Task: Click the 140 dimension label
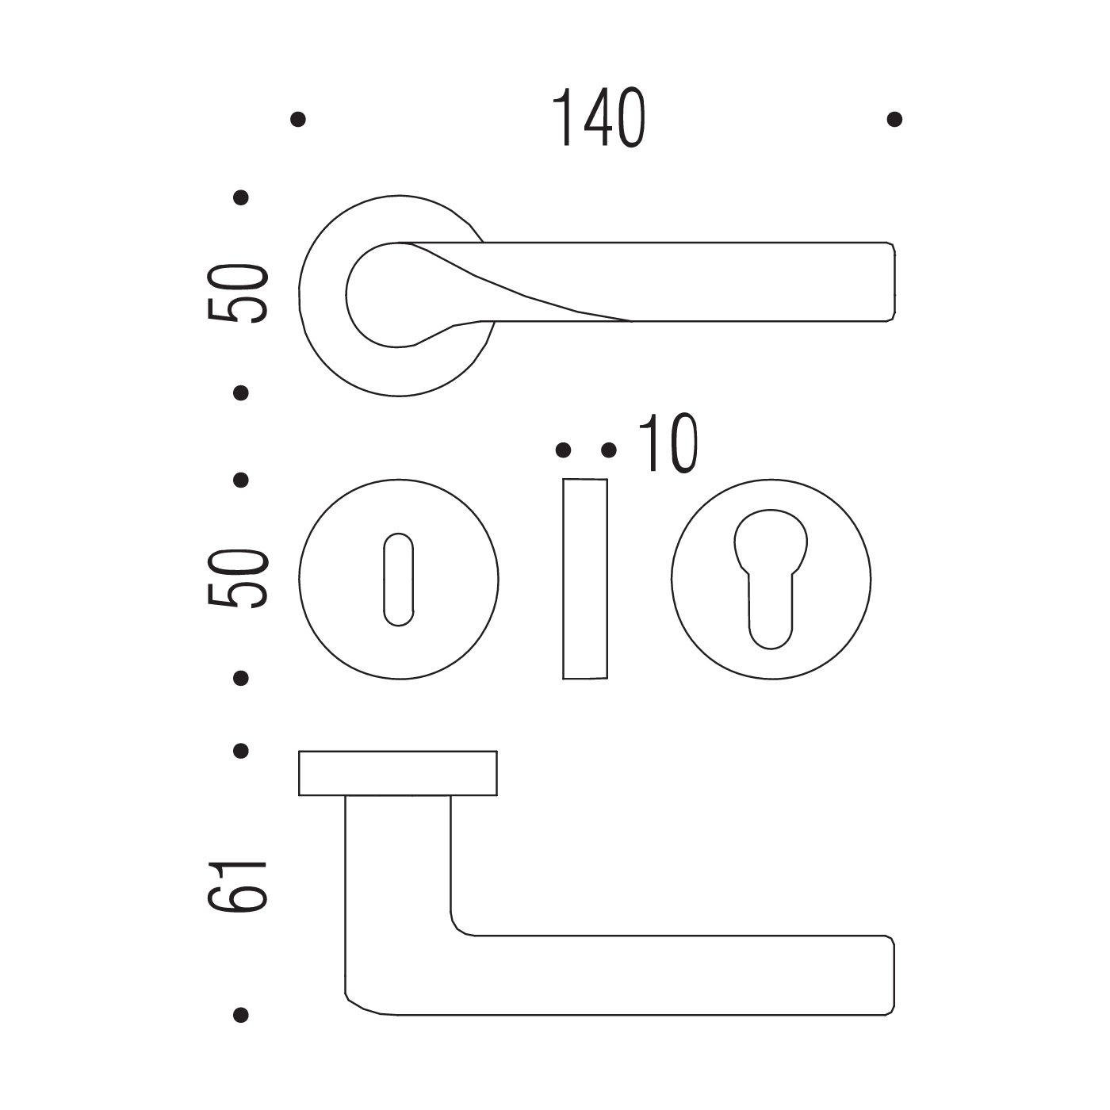[x=599, y=117]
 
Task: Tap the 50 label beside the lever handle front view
[x=238, y=293]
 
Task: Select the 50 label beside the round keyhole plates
[x=238, y=579]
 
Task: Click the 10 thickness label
[x=668, y=443]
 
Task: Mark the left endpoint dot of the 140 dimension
[x=298, y=119]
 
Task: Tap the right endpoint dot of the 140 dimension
[x=894, y=119]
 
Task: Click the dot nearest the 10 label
[x=609, y=450]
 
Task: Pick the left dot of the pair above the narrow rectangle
[x=564, y=450]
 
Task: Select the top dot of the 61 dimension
[x=241, y=751]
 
